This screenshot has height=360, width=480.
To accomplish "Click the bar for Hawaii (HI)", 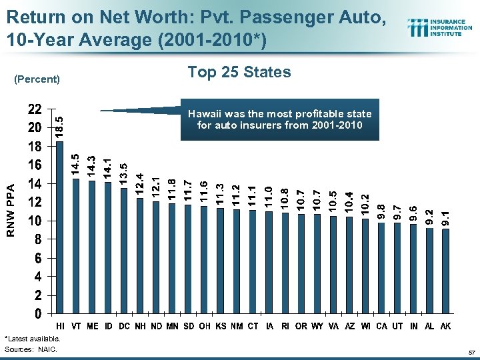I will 60,227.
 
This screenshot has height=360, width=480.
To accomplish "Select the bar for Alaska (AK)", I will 445,271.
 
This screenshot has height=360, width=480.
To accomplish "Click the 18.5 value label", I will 59,127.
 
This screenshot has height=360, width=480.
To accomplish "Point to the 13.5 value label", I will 123,173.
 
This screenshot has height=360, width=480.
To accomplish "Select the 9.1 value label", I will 446,216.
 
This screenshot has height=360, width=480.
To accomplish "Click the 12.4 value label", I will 140,184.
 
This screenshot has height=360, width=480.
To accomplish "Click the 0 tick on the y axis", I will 38,313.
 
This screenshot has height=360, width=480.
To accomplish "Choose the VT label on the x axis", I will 76,326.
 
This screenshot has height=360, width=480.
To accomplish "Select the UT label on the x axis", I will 397,326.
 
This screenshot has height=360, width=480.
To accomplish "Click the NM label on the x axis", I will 237,326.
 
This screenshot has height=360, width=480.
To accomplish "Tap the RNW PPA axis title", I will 11,211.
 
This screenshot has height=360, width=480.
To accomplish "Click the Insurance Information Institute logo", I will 440,28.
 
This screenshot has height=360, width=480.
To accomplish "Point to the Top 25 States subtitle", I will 239,72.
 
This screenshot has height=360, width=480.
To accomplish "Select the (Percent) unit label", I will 37,79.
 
